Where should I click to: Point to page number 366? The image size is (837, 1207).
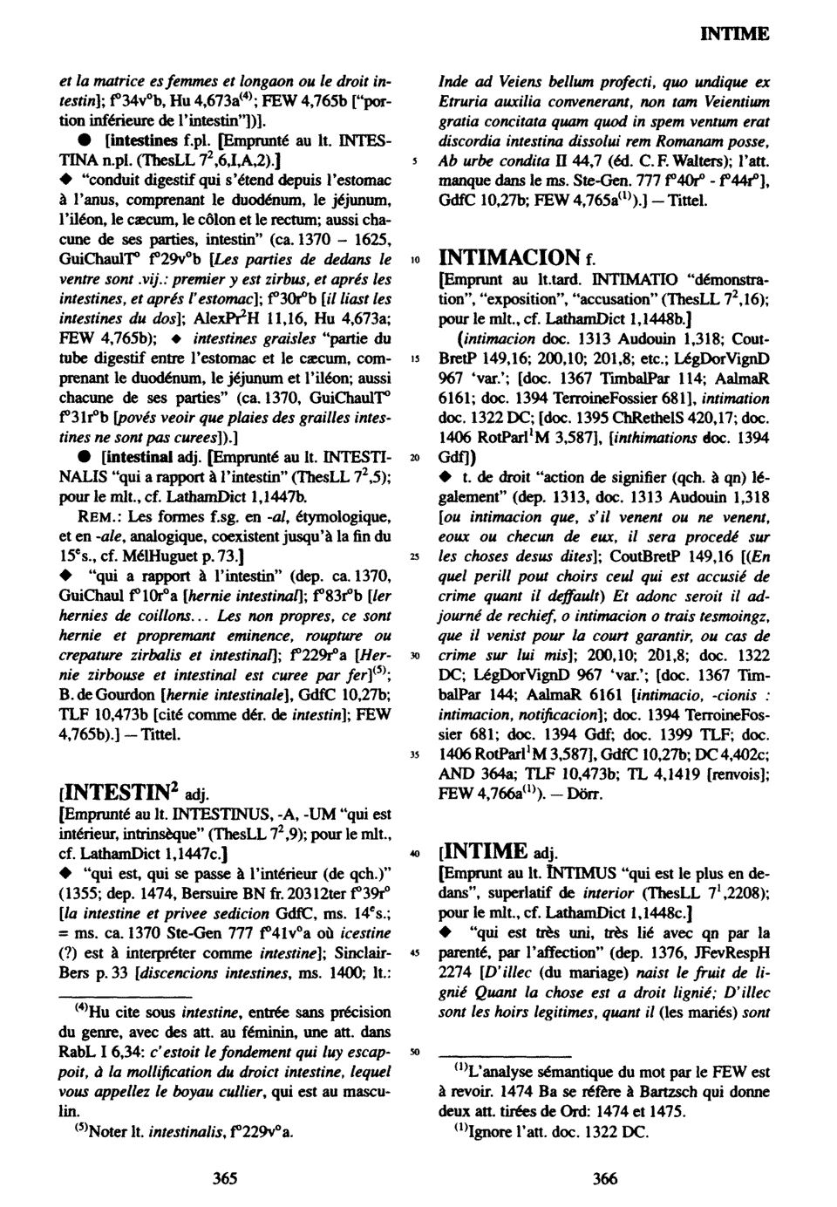[604, 1179]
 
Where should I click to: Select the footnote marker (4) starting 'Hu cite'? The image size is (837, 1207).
[79, 1010]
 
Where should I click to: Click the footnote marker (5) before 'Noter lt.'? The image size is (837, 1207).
[79, 1130]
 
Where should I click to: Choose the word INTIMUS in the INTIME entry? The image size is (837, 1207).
[568, 873]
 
